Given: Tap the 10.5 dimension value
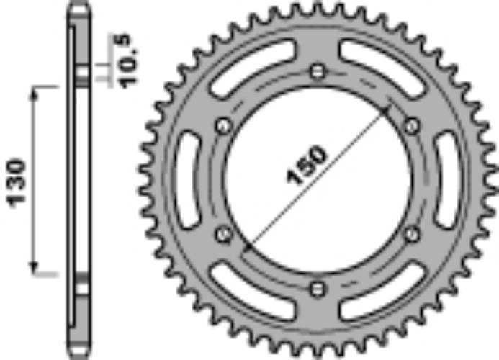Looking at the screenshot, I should pyautogui.click(x=125, y=61).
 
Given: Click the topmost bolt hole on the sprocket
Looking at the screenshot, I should pyautogui.click(x=317, y=71).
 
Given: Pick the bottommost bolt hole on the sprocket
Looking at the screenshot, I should pyautogui.click(x=317, y=289).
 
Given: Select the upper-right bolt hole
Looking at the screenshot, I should pyautogui.click(x=412, y=126).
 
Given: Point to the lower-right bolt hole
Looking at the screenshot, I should pyautogui.click(x=412, y=233).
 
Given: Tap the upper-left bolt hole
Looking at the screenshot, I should pyautogui.click(x=222, y=126).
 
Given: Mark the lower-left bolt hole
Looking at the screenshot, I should pyautogui.click(x=222, y=233).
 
